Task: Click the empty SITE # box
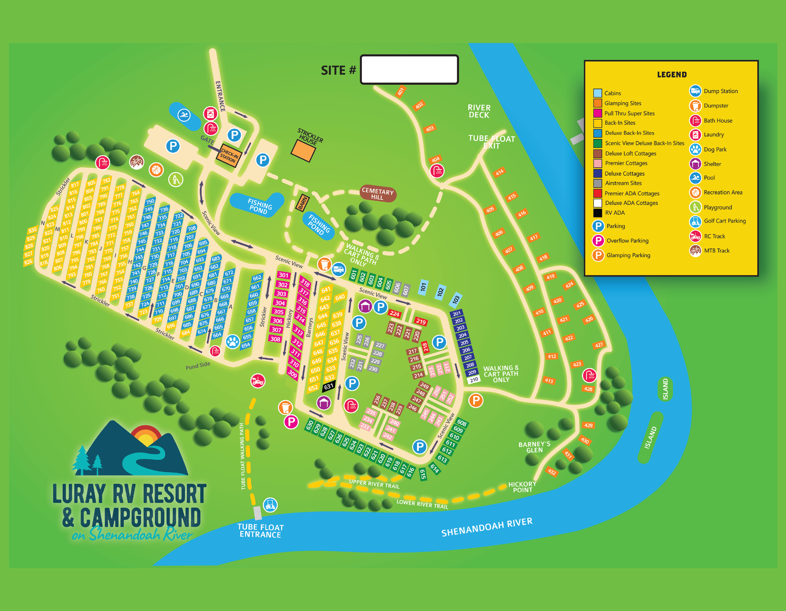(x=409, y=70)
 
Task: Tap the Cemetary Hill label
(x=377, y=194)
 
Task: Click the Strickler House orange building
(x=303, y=151)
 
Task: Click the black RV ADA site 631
(x=329, y=386)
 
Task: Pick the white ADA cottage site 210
(x=474, y=380)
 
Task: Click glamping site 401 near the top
(x=400, y=91)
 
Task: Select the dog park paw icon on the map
(x=233, y=341)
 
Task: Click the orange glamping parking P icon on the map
(x=476, y=401)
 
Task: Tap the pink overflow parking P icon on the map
(x=291, y=422)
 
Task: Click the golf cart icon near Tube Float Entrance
(x=270, y=505)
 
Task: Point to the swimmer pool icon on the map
(x=184, y=115)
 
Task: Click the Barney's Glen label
(x=534, y=447)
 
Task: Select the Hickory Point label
(x=522, y=487)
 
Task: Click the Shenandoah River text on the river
(x=487, y=527)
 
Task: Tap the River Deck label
(x=479, y=111)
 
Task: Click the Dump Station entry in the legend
(x=720, y=91)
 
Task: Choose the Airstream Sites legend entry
(x=623, y=183)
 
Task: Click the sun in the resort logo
(x=146, y=438)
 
